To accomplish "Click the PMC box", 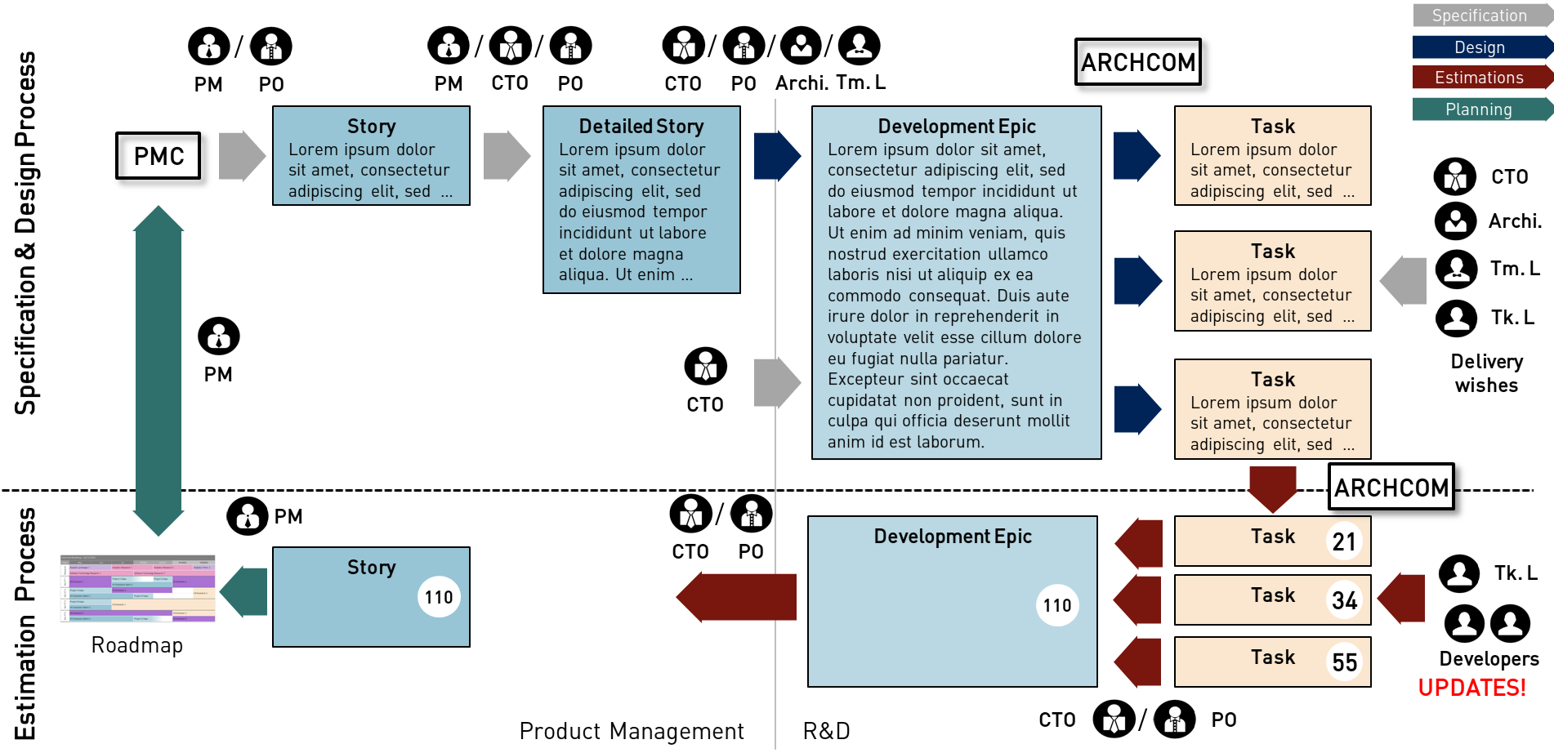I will [x=159, y=156].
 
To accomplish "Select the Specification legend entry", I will [x=1479, y=16].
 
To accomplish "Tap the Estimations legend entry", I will [x=1479, y=78].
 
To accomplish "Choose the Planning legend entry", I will [x=1479, y=109].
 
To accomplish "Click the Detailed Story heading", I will [x=641, y=127].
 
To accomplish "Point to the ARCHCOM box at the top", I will [x=1137, y=62].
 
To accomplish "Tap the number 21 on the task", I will [x=1344, y=541].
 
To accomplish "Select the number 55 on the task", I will [x=1344, y=662].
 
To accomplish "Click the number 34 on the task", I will [x=1344, y=601].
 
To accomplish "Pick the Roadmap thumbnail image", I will [x=137, y=589].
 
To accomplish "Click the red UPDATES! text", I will [x=1471, y=688].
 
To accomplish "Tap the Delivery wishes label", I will [x=1486, y=373].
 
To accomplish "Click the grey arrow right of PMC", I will [x=242, y=156].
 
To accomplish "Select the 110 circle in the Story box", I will [x=439, y=597].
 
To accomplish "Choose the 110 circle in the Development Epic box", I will [x=1057, y=605].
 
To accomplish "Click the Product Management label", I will [x=632, y=731].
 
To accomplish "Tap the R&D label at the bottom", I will [x=826, y=731].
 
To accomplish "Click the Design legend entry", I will [x=1479, y=47].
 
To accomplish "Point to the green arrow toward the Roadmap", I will [x=244, y=592].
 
